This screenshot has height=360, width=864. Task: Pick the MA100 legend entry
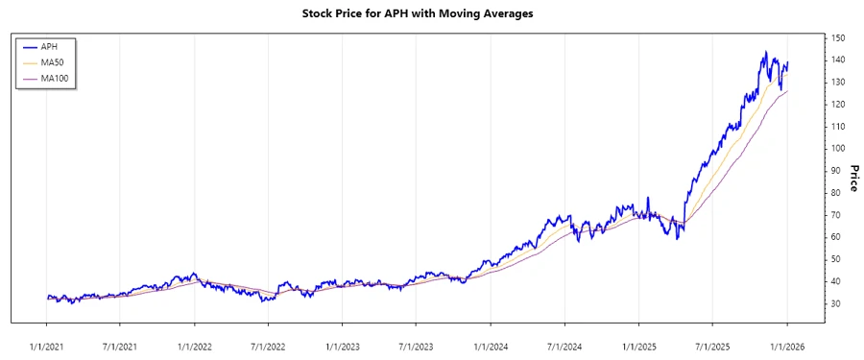[54, 78]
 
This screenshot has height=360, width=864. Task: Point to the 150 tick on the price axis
[838, 37]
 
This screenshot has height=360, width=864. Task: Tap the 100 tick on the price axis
[838, 149]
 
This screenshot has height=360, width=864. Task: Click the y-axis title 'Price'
[852, 179]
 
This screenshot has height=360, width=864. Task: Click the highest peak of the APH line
[765, 52]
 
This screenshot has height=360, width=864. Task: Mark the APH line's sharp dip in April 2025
[678, 238]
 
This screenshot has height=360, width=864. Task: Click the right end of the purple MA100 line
[787, 91]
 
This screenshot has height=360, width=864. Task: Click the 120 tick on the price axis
[838, 105]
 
